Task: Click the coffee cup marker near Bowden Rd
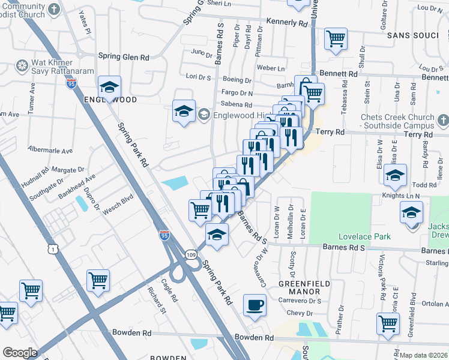click(255, 305)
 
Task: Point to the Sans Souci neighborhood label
click(413, 35)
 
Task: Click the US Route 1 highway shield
click(55, 232)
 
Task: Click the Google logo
click(20, 352)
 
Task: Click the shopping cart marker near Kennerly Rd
click(336, 39)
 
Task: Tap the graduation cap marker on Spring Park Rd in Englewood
click(109, 88)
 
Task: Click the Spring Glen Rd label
click(127, 57)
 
